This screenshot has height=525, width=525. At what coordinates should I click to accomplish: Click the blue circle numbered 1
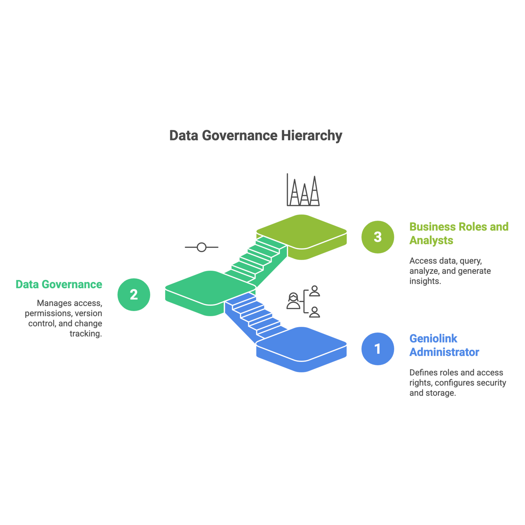coord(377,349)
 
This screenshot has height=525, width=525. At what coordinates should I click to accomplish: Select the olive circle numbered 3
coord(377,237)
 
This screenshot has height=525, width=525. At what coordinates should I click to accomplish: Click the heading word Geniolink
coord(433,339)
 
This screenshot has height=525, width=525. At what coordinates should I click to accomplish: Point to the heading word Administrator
coord(444,352)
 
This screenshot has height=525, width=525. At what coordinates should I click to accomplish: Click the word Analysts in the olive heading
coord(431,240)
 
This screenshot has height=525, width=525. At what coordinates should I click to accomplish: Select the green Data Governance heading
coord(59,285)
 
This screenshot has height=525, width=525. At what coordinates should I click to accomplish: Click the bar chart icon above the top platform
coord(303,190)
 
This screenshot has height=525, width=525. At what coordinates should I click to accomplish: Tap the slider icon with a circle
coord(201,247)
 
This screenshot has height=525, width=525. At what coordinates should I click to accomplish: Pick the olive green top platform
coord(302,231)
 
